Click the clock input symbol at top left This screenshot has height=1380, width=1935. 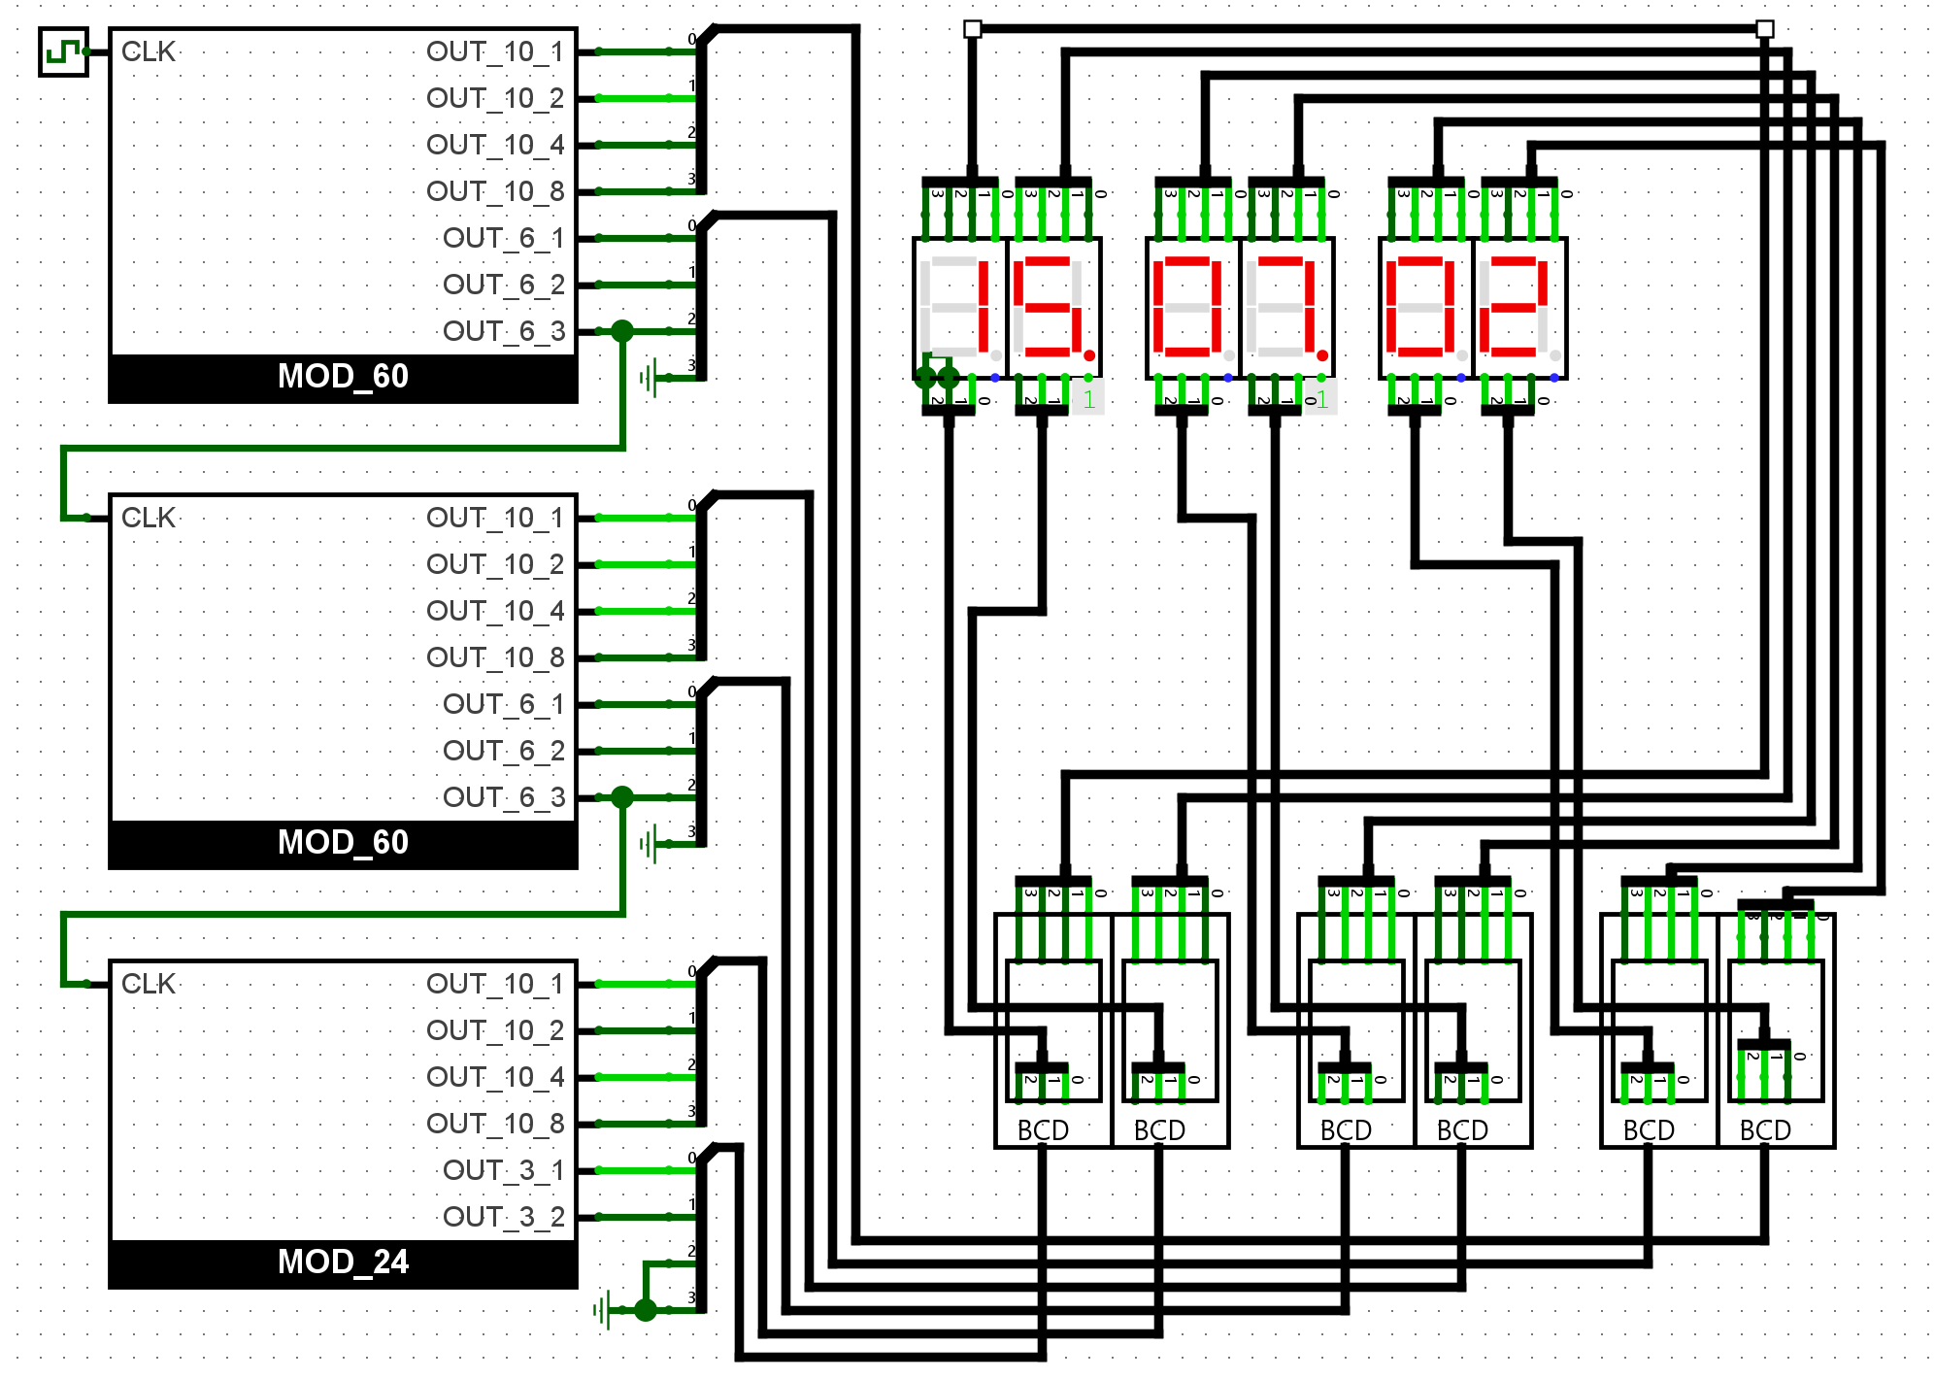click(x=63, y=51)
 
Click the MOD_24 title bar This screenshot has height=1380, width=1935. click(x=343, y=1262)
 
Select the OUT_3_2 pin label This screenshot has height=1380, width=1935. click(x=503, y=1217)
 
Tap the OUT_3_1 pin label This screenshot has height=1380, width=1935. click(x=503, y=1170)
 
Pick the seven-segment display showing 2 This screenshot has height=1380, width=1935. click(x=1519, y=308)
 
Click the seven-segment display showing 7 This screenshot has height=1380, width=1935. click(x=1286, y=308)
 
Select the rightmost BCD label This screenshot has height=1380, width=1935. click(x=1765, y=1130)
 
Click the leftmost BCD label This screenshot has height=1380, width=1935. click(x=1043, y=1130)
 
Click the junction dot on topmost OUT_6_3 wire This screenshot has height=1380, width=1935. click(x=622, y=331)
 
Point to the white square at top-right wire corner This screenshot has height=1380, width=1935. click(x=1765, y=29)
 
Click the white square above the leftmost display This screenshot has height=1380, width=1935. click(x=972, y=29)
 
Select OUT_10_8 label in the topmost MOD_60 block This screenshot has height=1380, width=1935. click(x=495, y=191)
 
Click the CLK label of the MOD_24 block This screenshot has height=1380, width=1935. click(x=148, y=984)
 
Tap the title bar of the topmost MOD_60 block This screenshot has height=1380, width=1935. click(x=343, y=377)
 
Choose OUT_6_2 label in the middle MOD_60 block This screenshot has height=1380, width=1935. click(x=503, y=751)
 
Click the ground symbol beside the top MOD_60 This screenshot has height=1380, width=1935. click(x=649, y=378)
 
